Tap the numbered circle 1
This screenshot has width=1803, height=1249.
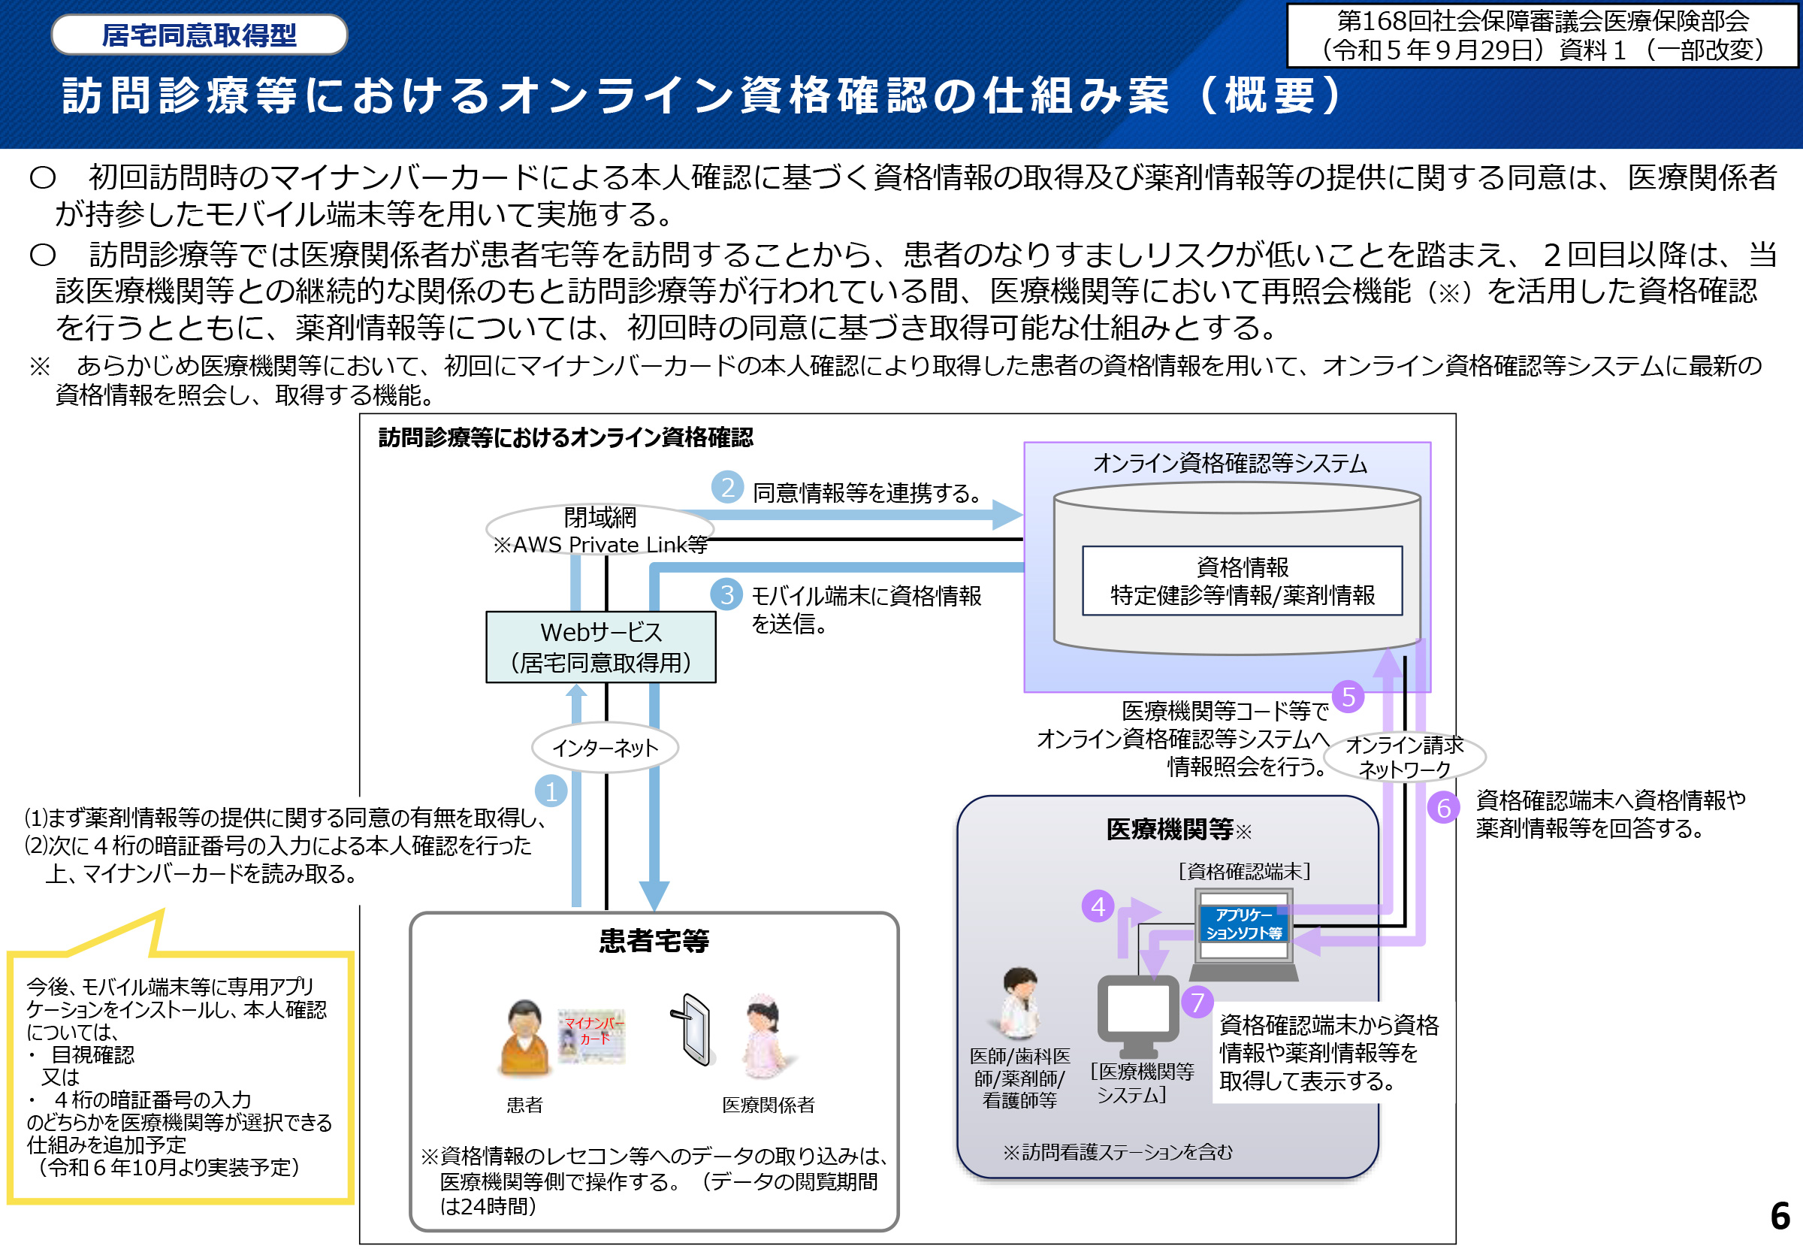coord(551,791)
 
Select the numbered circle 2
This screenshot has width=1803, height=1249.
coord(727,488)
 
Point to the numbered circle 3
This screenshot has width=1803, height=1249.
coord(726,594)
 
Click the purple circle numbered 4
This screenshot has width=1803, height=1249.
coord(1098,906)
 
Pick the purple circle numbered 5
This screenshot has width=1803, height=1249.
coord(1348,697)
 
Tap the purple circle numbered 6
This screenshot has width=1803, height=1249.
coord(1443,808)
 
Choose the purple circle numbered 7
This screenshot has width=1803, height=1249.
coord(1197,1002)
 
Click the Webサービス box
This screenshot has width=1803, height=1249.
coord(600,647)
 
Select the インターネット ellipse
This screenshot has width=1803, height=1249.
coord(605,747)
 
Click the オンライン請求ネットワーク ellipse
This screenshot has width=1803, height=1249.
coord(1405,757)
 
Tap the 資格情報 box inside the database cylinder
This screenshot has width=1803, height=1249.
coord(1241,581)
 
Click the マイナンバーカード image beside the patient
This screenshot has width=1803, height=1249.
coord(592,1036)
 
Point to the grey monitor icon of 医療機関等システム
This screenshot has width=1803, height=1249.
coord(1137,1015)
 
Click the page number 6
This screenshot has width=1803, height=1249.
coord(1780,1216)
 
